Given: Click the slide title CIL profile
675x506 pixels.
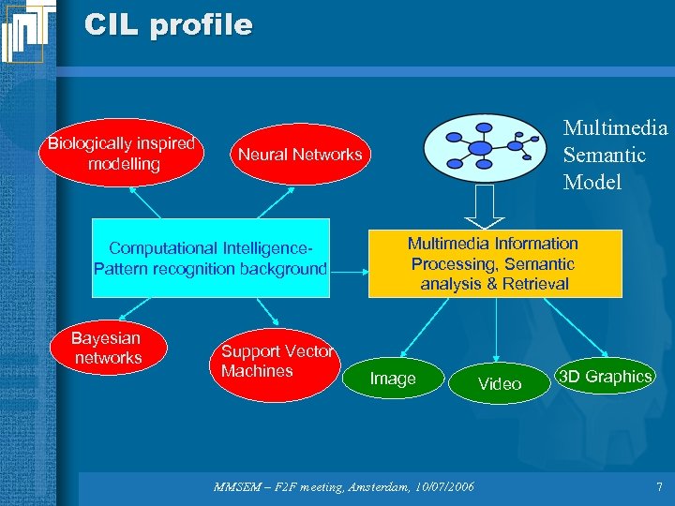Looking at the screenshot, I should (x=168, y=24).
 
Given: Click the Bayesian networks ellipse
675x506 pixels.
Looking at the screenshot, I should (x=108, y=348).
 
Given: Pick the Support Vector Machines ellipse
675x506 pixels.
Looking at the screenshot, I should (x=277, y=362).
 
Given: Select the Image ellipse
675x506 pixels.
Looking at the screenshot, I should (x=393, y=379).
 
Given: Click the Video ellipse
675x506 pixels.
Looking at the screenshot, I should (x=500, y=383).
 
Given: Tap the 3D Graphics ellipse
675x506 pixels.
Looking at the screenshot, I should (x=605, y=377).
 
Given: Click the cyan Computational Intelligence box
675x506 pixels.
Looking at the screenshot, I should (x=211, y=259).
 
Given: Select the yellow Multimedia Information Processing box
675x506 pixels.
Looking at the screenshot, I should (x=494, y=263).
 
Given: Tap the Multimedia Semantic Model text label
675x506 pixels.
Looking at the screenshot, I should (x=613, y=155).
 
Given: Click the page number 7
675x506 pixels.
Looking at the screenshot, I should (x=659, y=487).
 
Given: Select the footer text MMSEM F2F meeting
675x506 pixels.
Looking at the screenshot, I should (x=280, y=487).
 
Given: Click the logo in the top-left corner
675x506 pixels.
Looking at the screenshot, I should (x=27, y=31).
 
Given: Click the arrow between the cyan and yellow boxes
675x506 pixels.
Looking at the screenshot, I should (x=349, y=273).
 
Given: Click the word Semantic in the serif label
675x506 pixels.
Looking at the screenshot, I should (x=604, y=155).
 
